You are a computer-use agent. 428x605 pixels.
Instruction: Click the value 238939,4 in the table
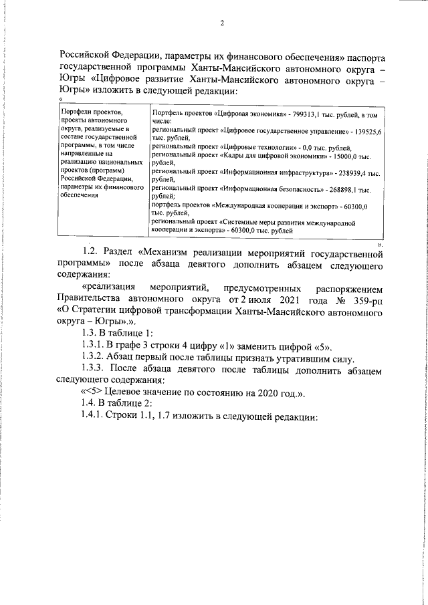355,172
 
